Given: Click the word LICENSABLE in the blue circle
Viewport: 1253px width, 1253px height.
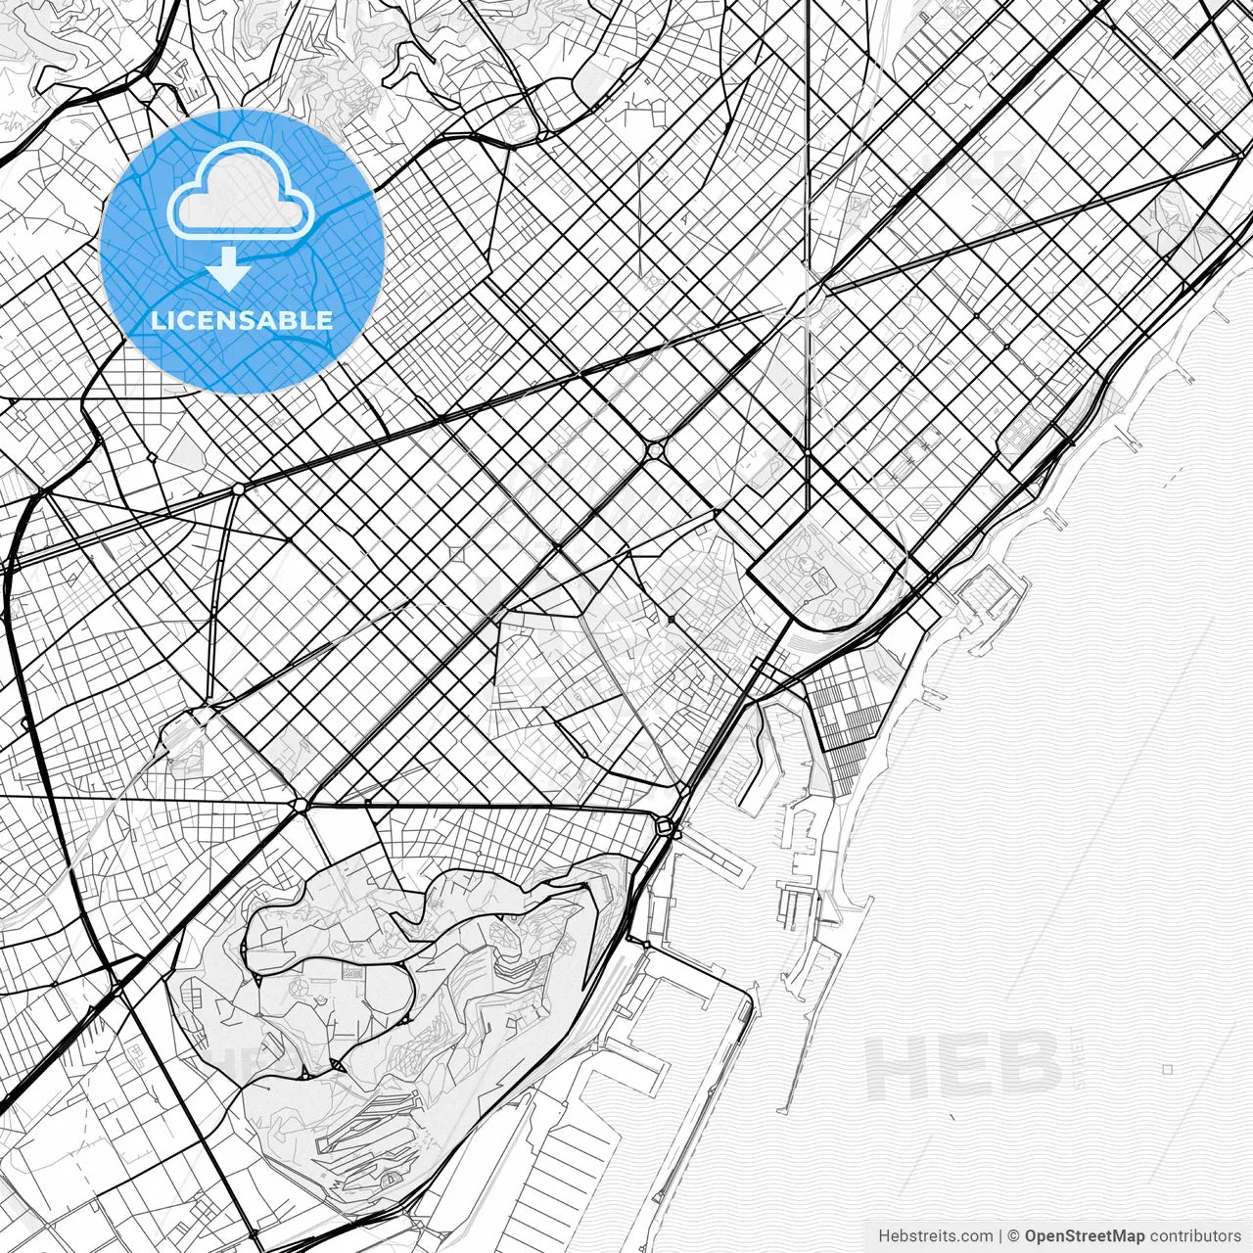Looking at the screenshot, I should (242, 320).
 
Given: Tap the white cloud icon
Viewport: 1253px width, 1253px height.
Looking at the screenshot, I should (240, 191).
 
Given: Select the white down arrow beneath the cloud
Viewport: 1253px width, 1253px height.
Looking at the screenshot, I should (228, 268).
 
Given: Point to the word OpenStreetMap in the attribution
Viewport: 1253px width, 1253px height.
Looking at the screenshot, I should (1085, 1236).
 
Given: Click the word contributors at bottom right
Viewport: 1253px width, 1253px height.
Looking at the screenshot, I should (1195, 1236).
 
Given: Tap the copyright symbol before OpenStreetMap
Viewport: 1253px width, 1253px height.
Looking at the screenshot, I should (1015, 1236).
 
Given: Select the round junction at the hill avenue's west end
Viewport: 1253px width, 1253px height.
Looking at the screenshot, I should (301, 805).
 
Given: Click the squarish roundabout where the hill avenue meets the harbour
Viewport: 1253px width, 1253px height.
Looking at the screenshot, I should (665, 828).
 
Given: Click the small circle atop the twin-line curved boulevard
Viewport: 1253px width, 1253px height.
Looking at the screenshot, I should (239, 487).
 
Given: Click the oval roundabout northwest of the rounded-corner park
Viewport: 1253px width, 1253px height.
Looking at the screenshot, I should (653, 449).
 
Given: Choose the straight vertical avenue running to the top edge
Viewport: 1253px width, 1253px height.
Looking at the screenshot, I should (808, 147).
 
